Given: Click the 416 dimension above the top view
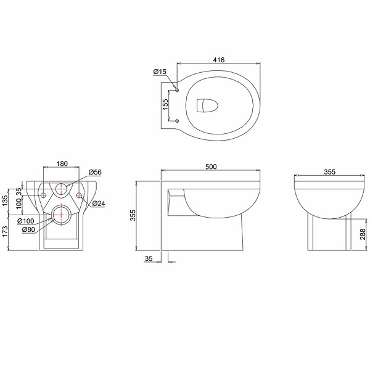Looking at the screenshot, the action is pos(219,60).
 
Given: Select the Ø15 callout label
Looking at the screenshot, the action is pos(160,72).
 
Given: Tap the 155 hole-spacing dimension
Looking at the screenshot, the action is pos(166,104).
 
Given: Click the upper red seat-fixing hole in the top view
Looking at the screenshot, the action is pos(177,90).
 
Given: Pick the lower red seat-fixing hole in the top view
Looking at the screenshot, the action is pos(177,121).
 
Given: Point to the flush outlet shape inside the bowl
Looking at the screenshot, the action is pos(207,105).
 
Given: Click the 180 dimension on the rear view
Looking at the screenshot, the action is pos(62,163).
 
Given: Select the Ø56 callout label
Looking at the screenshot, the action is pos(95,172).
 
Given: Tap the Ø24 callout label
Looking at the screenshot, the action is pos(99,203).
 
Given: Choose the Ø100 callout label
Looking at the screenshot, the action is pos(26,221).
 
